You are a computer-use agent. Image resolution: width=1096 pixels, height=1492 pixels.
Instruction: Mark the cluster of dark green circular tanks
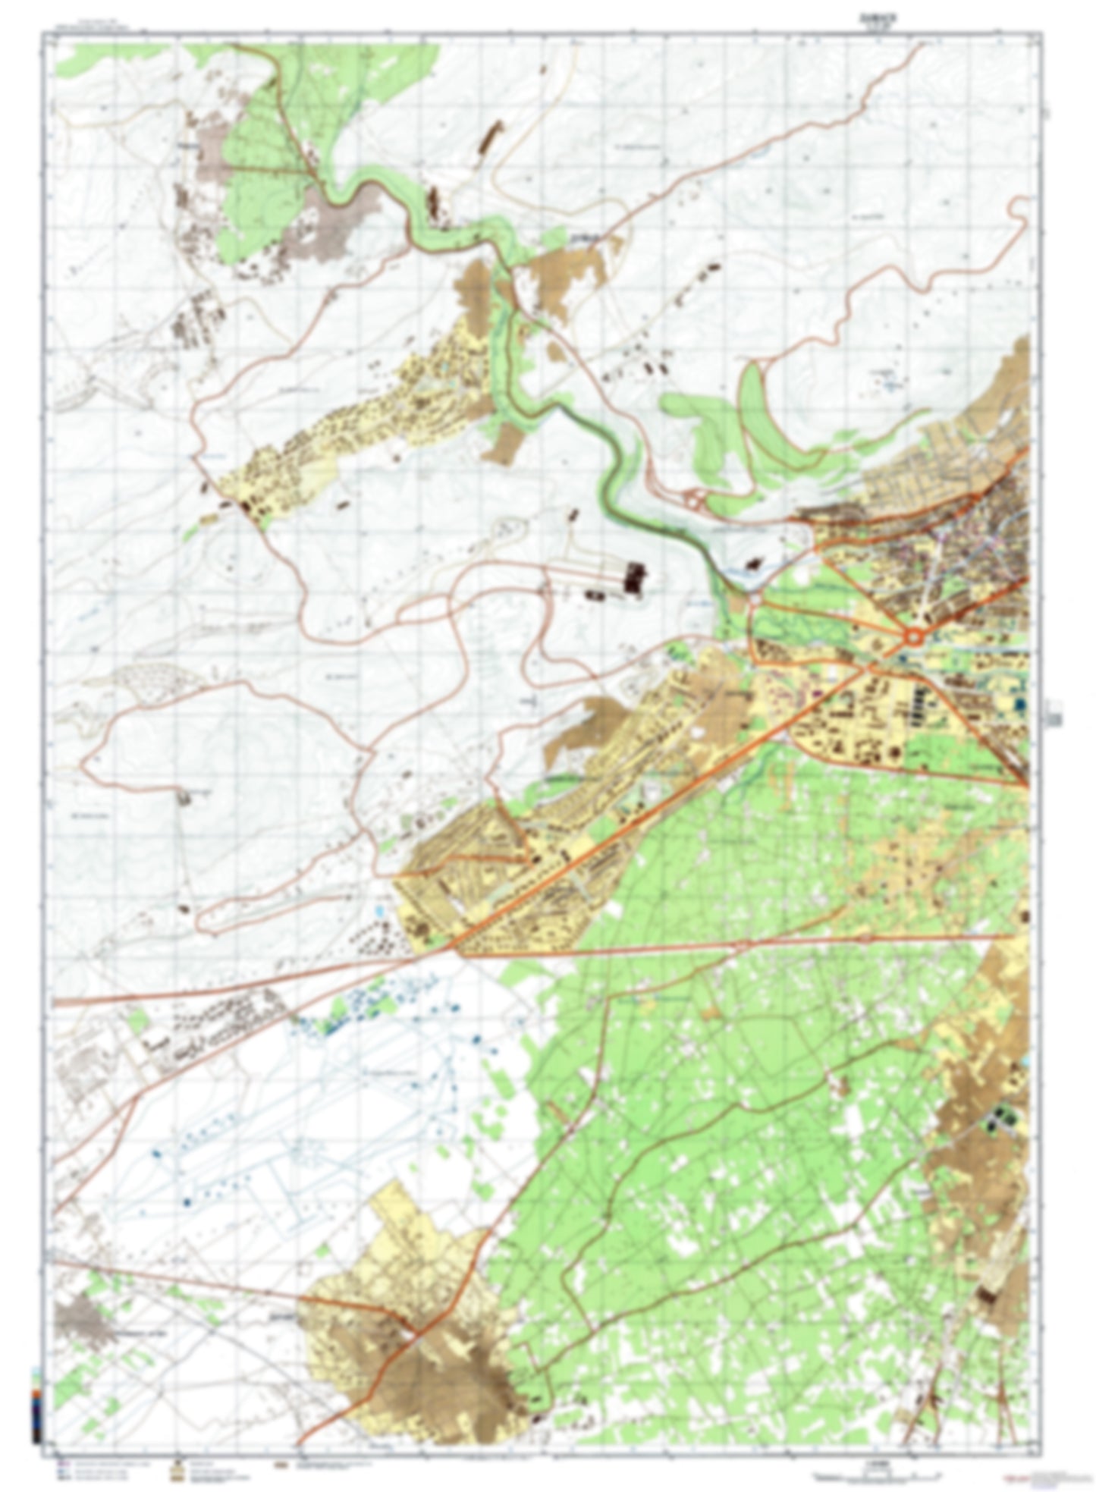point(1003,1117)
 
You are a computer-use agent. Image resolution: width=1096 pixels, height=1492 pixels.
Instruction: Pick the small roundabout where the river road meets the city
point(755,599)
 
